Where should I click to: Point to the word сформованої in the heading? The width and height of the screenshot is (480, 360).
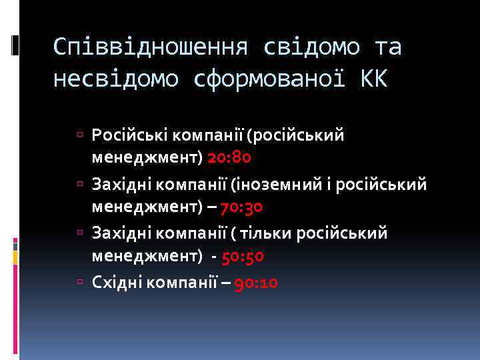coord(269,80)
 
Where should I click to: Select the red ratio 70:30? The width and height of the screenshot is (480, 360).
coord(241,207)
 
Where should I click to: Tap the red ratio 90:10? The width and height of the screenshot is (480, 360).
coord(256,283)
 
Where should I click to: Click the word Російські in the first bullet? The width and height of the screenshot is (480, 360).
coord(129,136)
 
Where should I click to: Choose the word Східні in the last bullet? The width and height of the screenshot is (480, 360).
coord(117,283)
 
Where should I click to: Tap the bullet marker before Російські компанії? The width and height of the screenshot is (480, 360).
coord(80,136)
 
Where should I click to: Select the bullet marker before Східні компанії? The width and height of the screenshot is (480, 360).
coord(80,283)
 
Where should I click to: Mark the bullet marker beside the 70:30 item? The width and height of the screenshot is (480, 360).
coord(80,185)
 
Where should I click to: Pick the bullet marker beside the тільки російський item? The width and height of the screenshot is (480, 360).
coord(80,233)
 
